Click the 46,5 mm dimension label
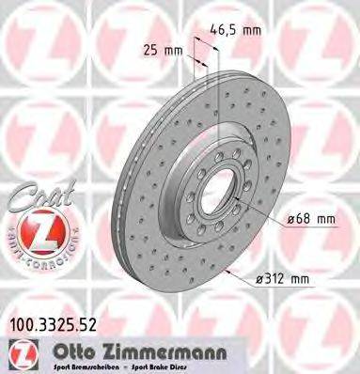236,30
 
